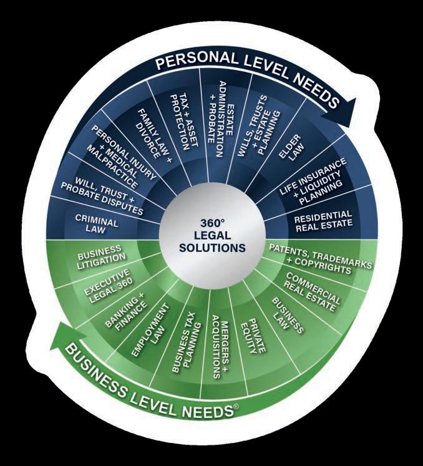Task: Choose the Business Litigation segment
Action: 100,256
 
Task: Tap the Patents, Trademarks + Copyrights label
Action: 319,257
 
